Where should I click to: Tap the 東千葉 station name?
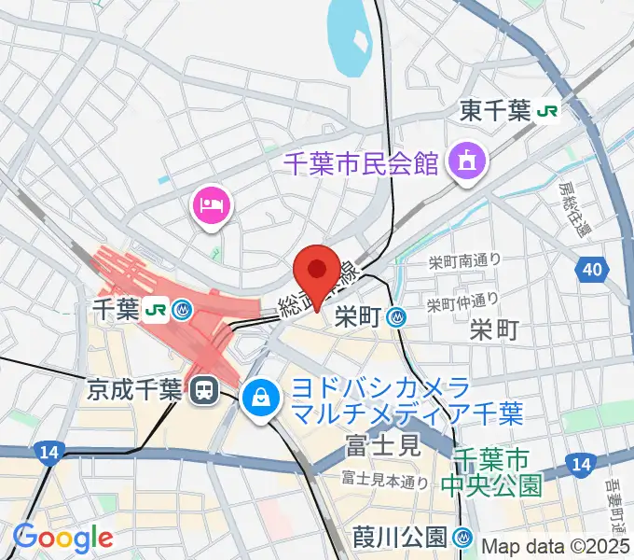tap(496, 112)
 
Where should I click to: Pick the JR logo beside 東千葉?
tap(547, 112)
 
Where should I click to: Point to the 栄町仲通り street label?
tap(462, 301)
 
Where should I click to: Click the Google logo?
tap(62, 538)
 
